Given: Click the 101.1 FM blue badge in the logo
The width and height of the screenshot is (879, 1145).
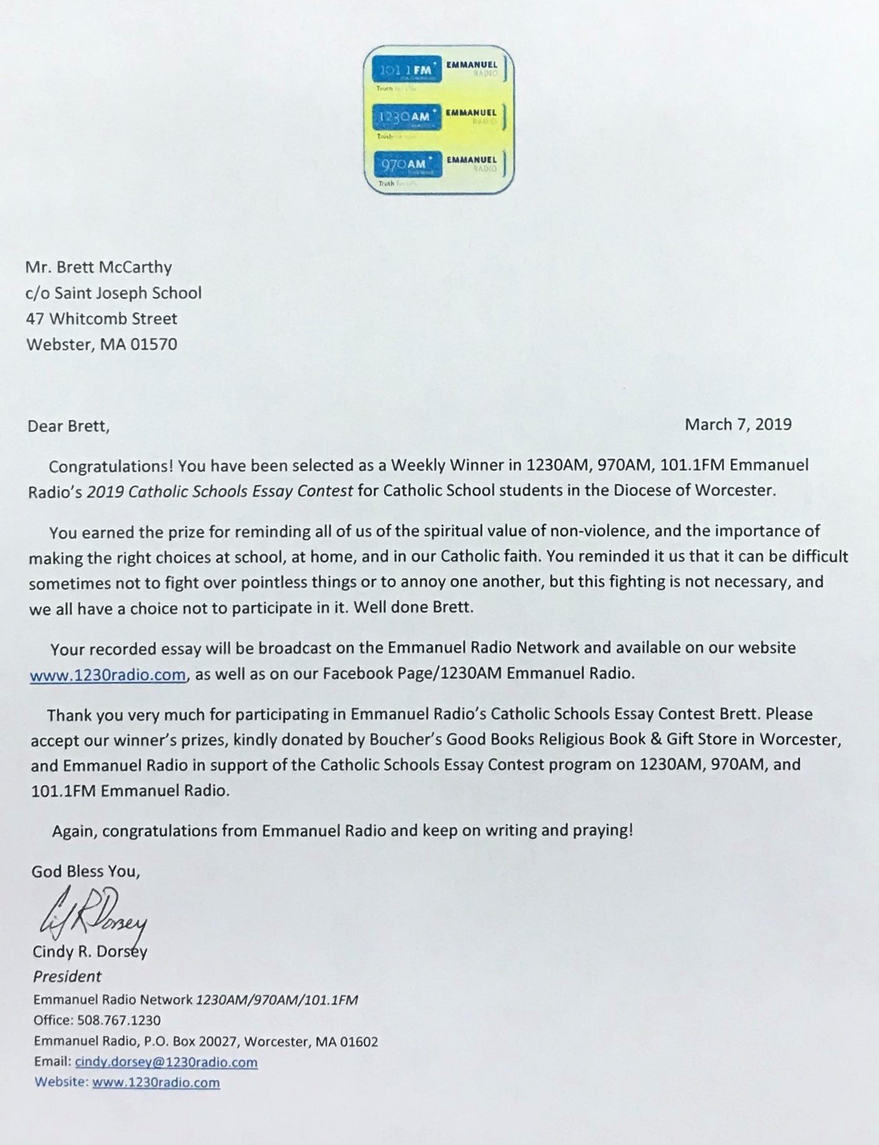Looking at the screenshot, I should (x=407, y=69).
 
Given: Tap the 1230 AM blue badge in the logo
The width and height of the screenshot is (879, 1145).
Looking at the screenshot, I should (x=406, y=117).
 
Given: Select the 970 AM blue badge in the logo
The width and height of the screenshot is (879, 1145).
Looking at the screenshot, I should (x=405, y=164).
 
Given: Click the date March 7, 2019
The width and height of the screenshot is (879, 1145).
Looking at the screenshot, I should (x=738, y=424).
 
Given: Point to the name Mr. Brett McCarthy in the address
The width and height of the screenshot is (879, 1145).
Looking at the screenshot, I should (x=98, y=267).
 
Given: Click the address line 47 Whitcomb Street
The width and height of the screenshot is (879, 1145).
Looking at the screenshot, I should (x=101, y=319).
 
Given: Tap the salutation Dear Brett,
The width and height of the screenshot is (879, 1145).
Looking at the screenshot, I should (x=68, y=426).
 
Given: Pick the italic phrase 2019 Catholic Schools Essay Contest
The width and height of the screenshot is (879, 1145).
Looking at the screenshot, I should (x=220, y=491).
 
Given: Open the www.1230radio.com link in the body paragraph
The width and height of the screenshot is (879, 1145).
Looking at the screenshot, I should (x=108, y=675).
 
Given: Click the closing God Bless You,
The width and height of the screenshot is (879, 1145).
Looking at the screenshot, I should (x=86, y=872).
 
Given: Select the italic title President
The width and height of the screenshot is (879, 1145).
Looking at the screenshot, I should (x=67, y=976).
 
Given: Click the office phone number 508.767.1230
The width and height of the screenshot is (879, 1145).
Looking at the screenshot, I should (x=118, y=1020).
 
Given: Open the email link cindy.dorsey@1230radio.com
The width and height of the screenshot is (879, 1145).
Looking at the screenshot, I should (x=166, y=1062).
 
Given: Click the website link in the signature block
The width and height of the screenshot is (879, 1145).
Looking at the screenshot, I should (x=156, y=1083).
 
